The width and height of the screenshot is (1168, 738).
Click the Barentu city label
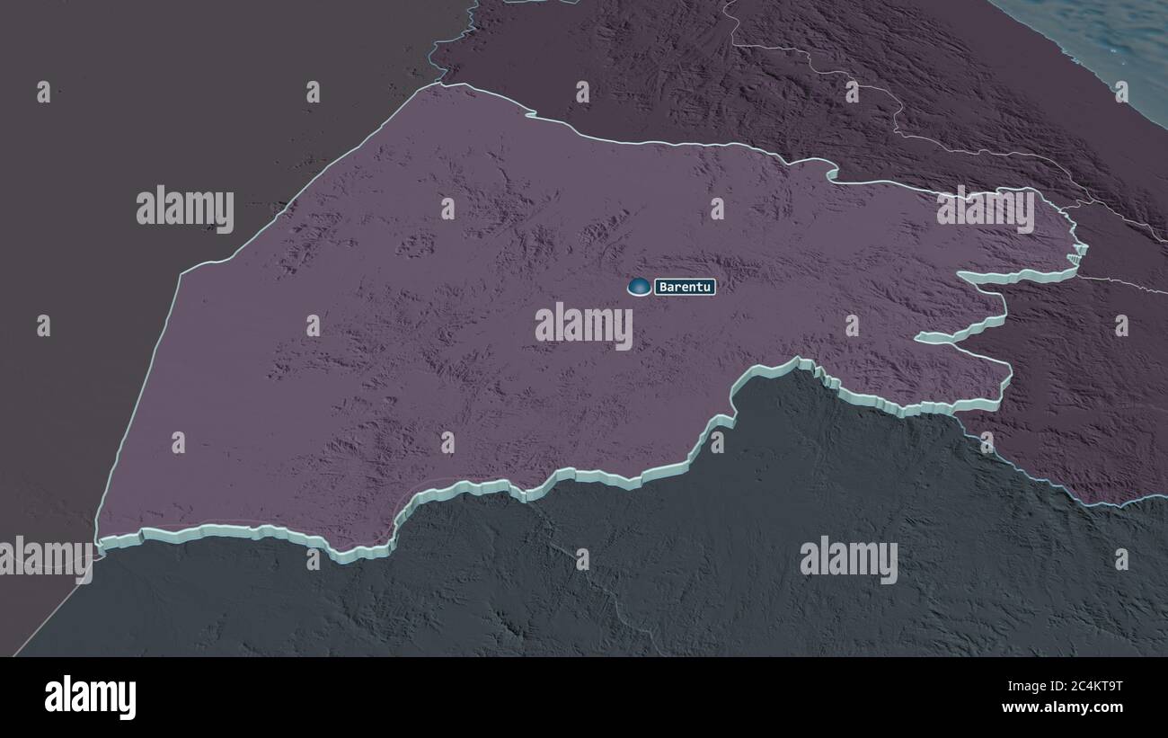tap(685, 288)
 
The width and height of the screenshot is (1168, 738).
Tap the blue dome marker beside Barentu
tap(639, 287)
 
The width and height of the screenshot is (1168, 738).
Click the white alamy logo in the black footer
tap(90, 698)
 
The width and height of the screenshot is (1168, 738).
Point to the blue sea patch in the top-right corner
tap(1105, 36)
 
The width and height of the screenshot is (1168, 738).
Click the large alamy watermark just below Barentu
tap(584, 325)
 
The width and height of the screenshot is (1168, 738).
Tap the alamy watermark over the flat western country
tap(185, 209)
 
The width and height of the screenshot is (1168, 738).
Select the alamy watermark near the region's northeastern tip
tap(985, 209)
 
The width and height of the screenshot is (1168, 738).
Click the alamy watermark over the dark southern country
tap(848, 559)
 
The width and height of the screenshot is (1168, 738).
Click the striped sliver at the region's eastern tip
tap(1073, 258)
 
